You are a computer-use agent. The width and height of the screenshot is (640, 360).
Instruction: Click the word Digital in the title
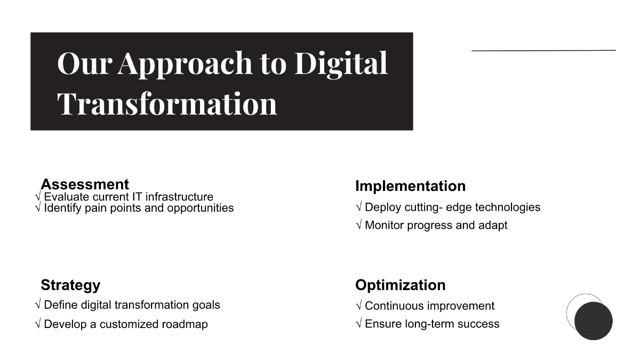coord(341,63)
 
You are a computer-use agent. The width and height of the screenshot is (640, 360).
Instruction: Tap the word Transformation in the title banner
coord(167,103)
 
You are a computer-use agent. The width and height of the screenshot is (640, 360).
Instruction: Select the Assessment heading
coord(85,184)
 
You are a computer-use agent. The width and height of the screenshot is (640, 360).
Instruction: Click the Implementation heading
coord(410,186)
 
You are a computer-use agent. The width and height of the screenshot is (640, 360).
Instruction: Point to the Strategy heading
coord(70,285)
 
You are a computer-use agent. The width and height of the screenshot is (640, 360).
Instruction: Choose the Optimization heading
coord(400,285)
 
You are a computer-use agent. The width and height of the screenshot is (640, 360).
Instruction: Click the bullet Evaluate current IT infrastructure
coord(128,197)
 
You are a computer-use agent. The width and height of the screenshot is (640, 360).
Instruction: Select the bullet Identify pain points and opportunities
coord(139,208)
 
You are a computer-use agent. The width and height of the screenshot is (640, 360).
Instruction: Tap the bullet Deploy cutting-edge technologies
coord(452,207)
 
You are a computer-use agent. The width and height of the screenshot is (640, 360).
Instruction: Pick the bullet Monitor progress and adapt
coord(436,225)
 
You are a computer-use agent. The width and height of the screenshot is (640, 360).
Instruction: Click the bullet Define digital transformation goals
coord(132,305)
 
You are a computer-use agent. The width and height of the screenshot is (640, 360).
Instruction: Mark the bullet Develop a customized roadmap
coord(126,324)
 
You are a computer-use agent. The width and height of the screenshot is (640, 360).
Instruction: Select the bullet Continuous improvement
coord(429,306)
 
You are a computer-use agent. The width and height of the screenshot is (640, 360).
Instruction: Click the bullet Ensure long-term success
coord(432,324)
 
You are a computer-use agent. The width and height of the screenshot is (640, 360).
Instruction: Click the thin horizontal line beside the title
coord(543,51)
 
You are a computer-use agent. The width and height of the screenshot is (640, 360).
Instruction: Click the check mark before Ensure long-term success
coord(358,324)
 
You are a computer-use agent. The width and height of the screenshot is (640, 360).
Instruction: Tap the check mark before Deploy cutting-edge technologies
coord(358,207)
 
